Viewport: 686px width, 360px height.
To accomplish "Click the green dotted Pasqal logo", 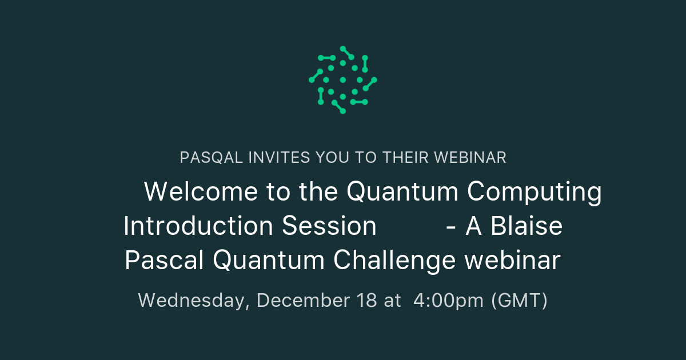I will pos(343,80).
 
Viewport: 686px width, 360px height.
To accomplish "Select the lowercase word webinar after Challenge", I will pos(512,261).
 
